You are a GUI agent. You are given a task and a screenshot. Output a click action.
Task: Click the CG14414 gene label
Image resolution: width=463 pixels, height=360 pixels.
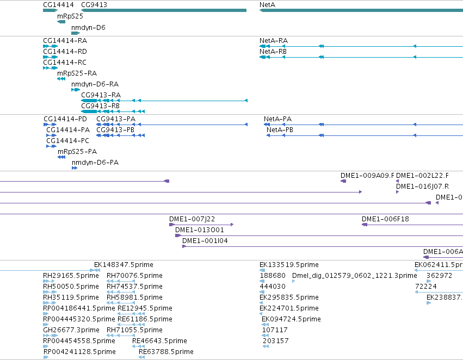[x=58, y=5]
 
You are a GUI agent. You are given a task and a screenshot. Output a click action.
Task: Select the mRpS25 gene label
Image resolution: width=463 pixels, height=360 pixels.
[x=70, y=16]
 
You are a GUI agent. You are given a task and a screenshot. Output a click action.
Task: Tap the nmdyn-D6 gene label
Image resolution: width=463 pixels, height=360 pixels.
[x=88, y=27]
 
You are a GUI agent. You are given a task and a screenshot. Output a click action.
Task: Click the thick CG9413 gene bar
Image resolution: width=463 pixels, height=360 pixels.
[x=164, y=10]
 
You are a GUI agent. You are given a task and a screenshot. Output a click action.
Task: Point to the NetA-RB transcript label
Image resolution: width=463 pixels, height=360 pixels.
[x=273, y=51]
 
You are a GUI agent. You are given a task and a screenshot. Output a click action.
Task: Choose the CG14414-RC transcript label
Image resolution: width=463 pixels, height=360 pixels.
[x=65, y=62]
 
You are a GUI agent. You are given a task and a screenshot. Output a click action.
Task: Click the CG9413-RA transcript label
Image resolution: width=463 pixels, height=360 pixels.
[x=101, y=95]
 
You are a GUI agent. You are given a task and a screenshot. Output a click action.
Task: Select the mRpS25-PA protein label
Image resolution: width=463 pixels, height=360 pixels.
[x=77, y=152]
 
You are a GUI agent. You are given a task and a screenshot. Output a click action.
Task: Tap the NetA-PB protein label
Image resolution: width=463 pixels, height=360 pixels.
[x=280, y=130]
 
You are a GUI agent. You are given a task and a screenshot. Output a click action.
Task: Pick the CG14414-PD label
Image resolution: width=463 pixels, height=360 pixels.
[x=65, y=119]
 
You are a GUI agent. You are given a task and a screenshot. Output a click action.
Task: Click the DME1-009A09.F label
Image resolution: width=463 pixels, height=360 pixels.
[x=367, y=176]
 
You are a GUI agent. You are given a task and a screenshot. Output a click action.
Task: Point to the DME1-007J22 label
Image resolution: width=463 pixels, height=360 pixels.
[x=192, y=219]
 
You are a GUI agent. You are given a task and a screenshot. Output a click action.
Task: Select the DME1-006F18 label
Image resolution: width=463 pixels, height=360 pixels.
[x=385, y=219]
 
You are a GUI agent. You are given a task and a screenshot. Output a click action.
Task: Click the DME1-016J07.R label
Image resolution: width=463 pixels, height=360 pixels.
[x=422, y=187]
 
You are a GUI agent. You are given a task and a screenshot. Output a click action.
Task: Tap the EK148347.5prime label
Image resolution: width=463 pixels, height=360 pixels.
[x=124, y=265]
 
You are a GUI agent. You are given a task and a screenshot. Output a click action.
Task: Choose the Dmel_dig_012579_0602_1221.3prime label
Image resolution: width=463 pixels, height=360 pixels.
[x=355, y=276]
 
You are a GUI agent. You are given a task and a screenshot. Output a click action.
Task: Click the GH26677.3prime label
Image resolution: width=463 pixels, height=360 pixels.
[x=71, y=330]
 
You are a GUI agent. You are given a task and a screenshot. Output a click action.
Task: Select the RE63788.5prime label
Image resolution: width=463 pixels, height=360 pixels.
[x=166, y=352]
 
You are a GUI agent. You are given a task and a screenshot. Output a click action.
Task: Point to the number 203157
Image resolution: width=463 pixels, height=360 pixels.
[x=275, y=341]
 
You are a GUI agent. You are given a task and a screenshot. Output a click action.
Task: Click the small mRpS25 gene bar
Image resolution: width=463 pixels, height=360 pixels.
[x=61, y=22]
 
